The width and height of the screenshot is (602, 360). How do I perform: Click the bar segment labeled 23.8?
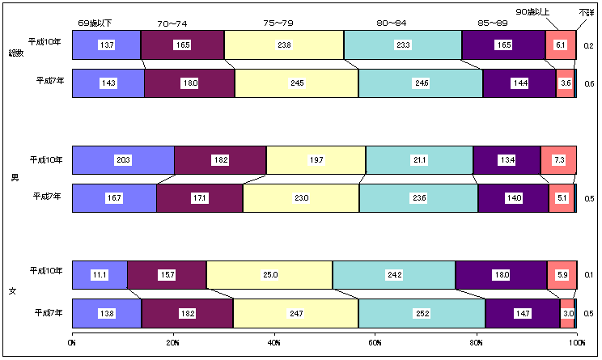tap(284, 45)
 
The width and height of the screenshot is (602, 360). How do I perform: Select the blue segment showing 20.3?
tap(124, 160)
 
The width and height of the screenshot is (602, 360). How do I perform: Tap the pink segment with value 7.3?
tap(558, 160)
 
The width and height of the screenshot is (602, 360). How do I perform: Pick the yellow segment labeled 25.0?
tap(269, 275)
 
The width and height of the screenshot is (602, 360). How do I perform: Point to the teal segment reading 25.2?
tap(422, 312)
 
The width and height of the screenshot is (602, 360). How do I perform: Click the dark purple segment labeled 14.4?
tap(519, 83)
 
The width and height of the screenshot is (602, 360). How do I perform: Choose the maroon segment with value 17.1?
tap(200, 198)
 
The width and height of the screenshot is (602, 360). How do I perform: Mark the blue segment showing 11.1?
tap(100, 275)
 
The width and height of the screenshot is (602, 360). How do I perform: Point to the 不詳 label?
tap(587, 12)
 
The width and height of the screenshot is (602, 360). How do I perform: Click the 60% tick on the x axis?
tap(375, 343)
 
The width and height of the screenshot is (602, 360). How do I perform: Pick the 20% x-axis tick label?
tap(174, 343)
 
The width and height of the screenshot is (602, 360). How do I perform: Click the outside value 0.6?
tap(588, 84)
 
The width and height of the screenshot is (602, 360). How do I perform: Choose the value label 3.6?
tap(566, 83)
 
